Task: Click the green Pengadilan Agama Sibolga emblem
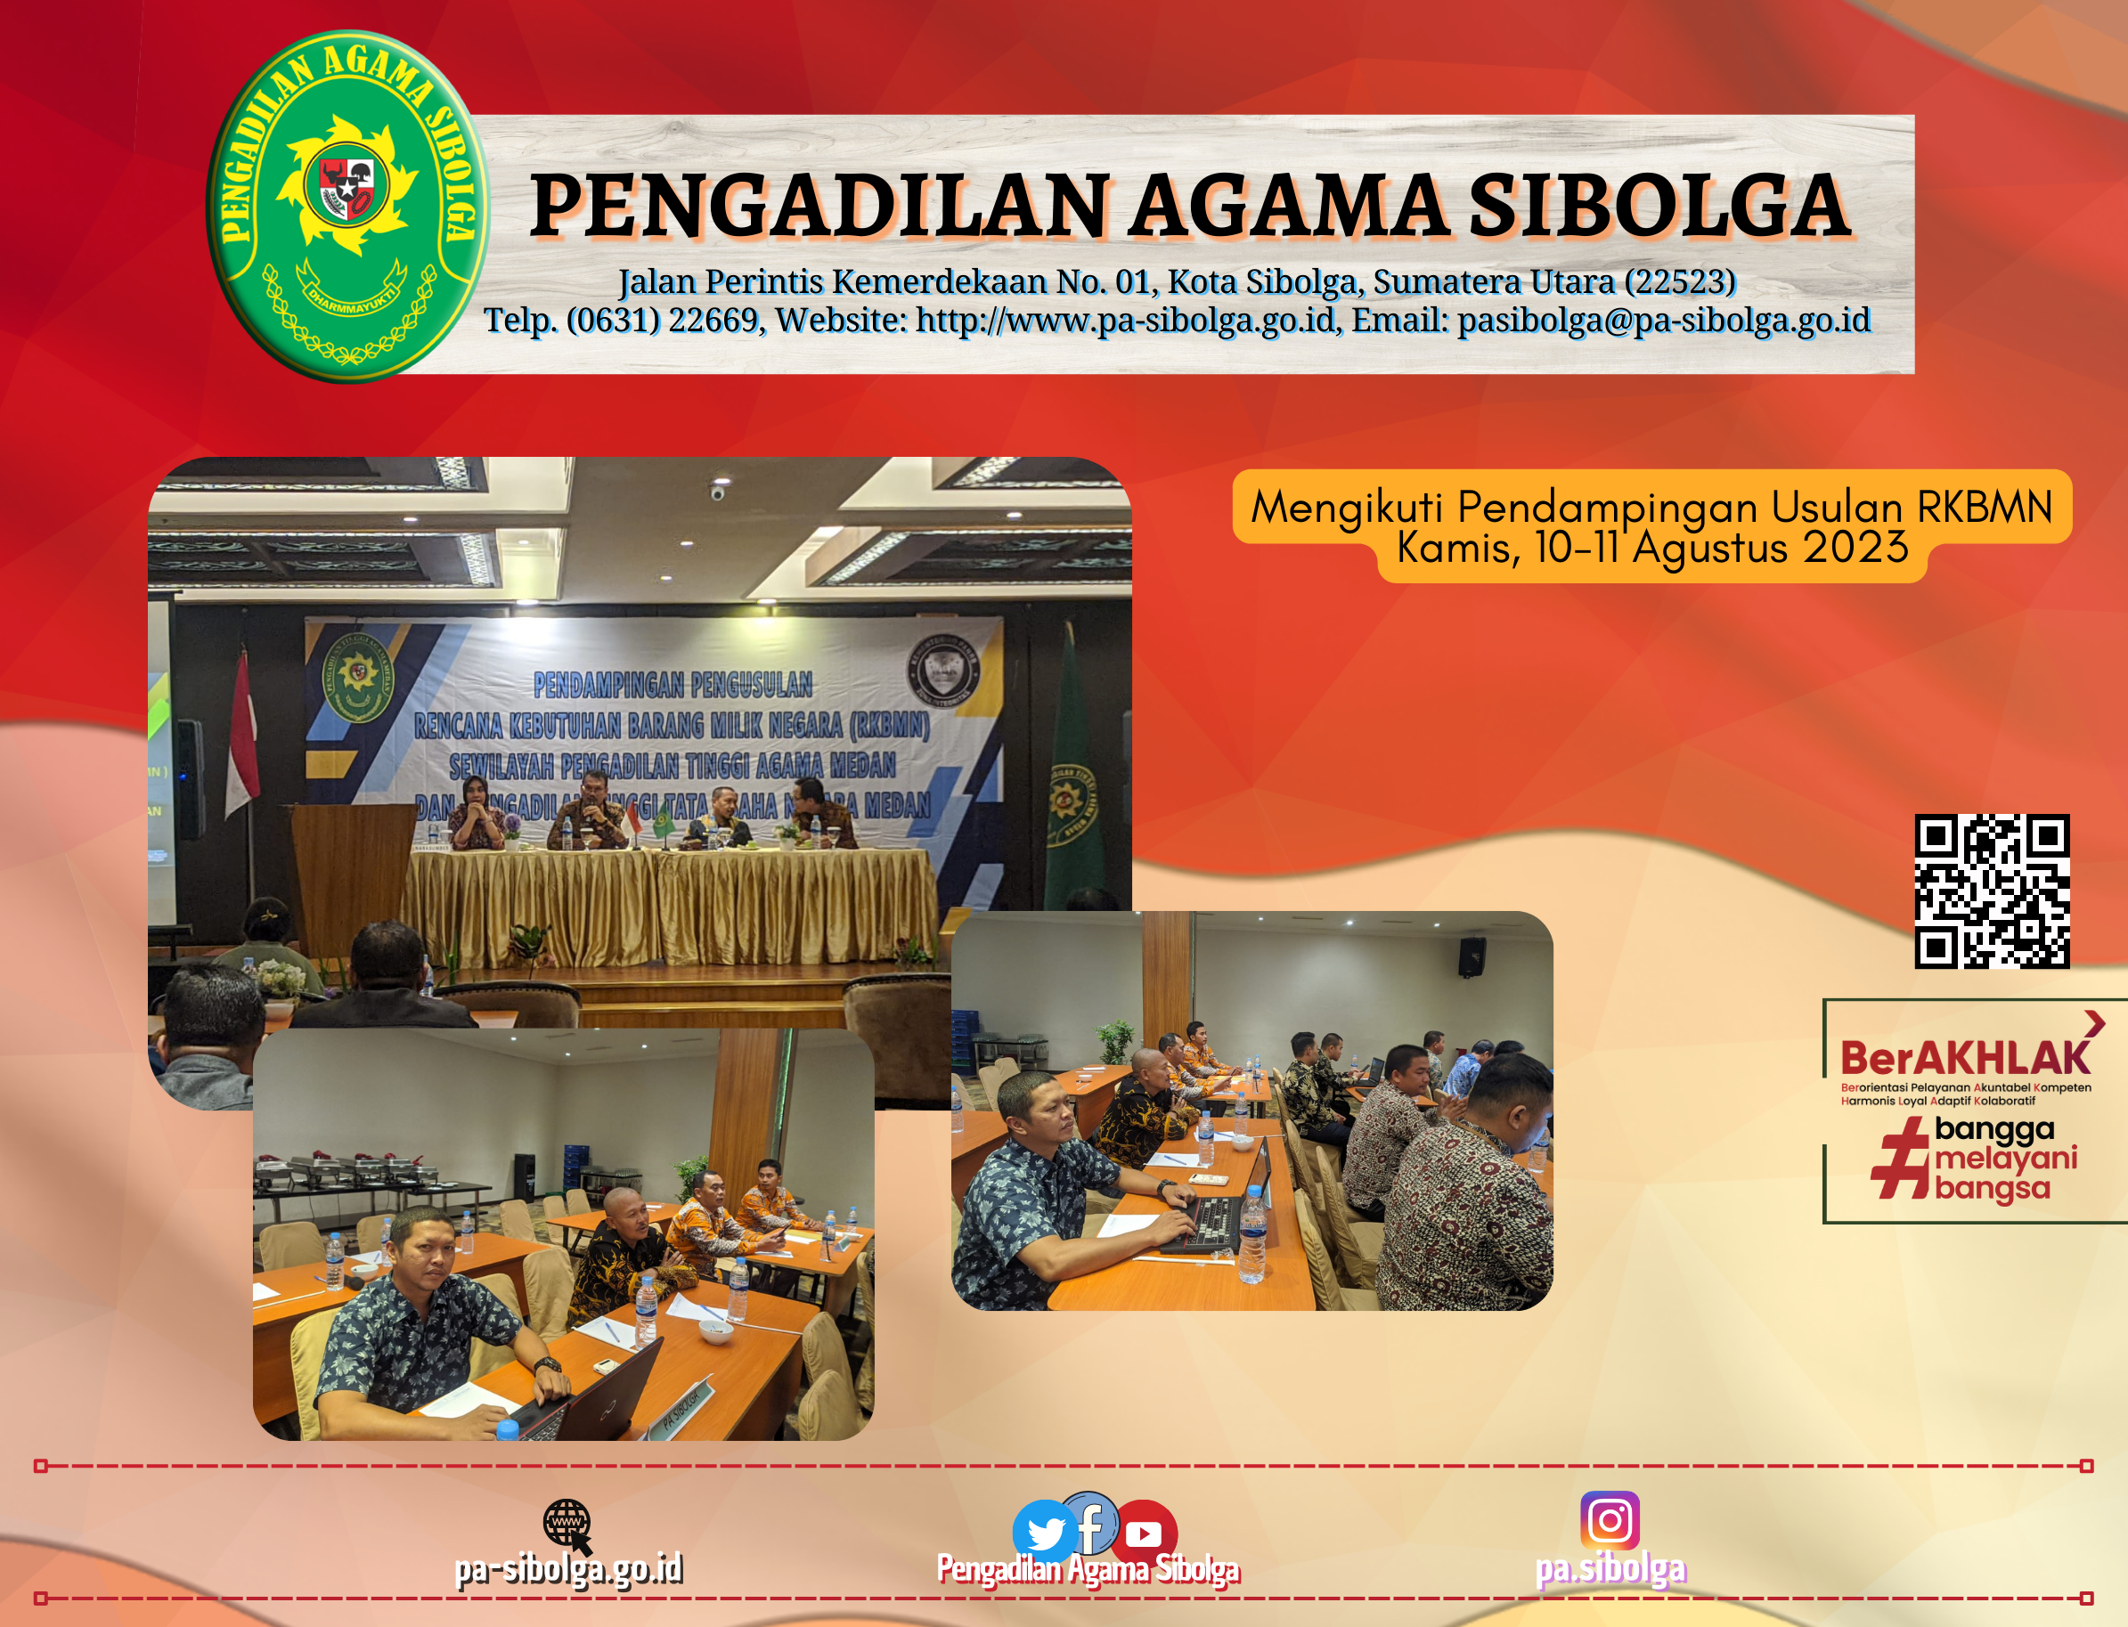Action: pos(347,206)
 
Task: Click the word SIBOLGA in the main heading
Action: pos(1659,207)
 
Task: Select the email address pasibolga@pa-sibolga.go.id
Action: pos(1663,321)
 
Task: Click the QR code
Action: pos(1992,891)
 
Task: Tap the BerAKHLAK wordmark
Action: pos(1964,1058)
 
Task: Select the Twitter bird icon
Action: pos(1044,1532)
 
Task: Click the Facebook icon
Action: pos(1091,1523)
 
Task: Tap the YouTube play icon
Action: pos(1145,1533)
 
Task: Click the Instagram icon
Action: pos(1610,1520)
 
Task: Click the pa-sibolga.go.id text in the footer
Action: pos(568,1569)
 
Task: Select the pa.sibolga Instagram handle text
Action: pos(1610,1569)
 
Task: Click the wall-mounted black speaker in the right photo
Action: pos(1472,956)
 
